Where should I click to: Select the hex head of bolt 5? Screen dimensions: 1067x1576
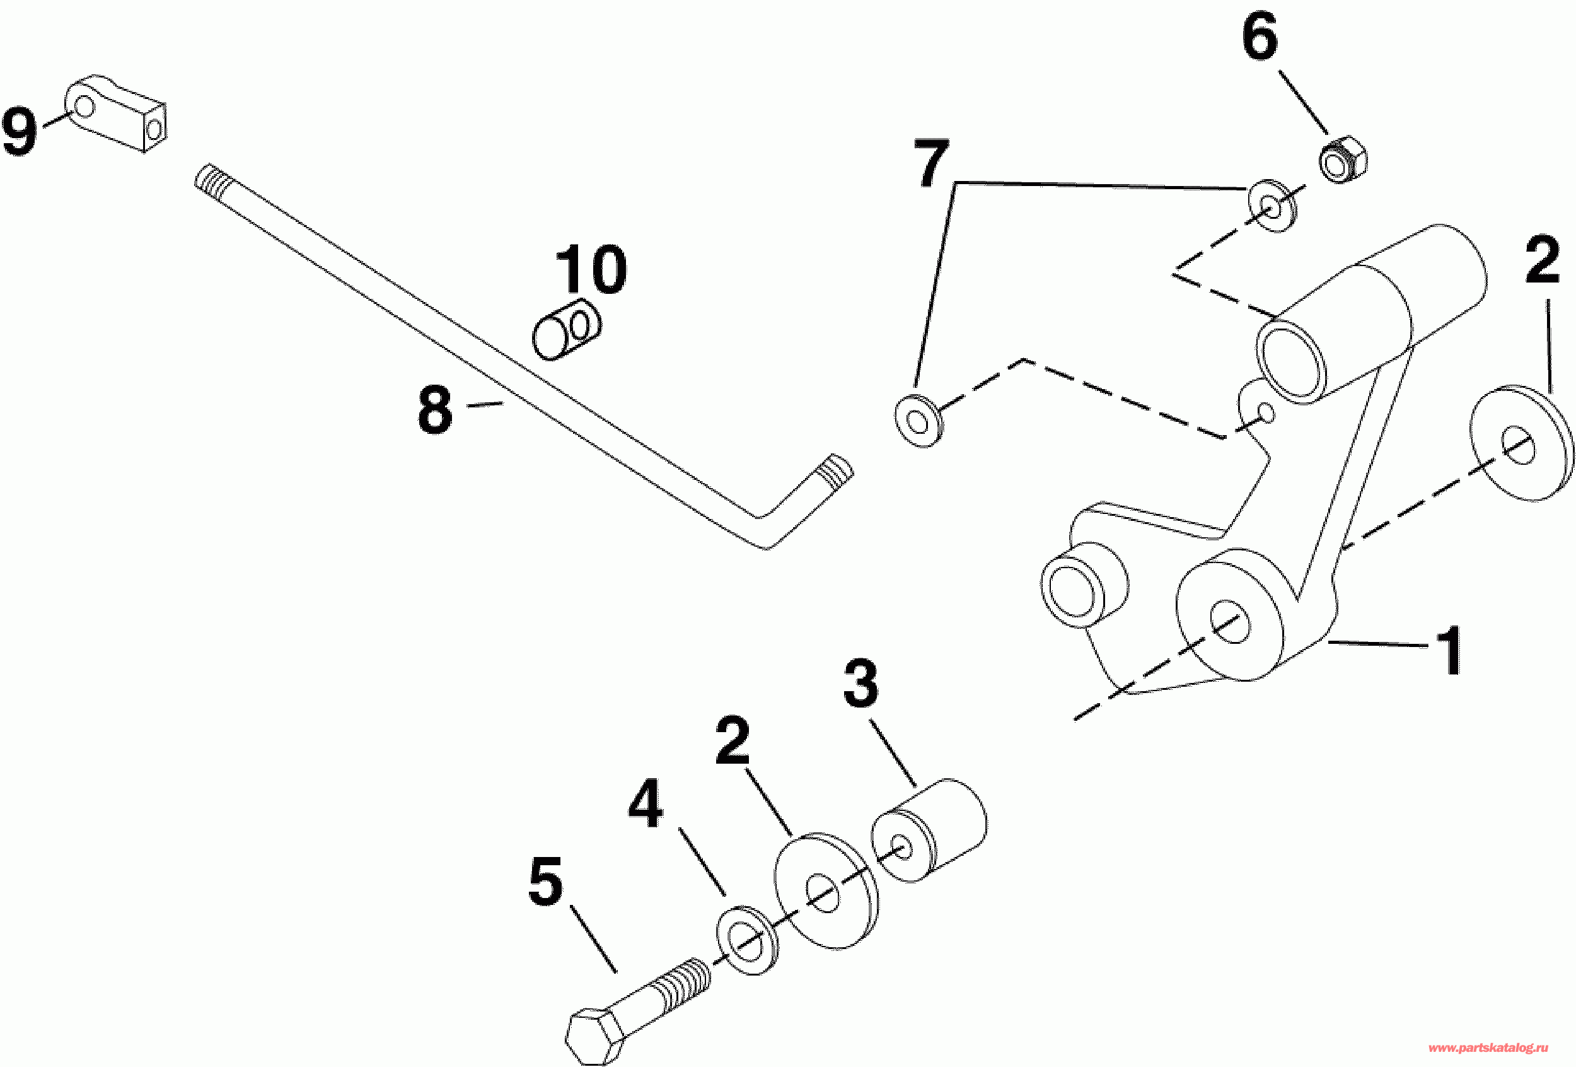594,1037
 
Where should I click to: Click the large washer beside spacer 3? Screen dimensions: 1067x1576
826,889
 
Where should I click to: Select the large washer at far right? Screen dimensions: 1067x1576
1521,445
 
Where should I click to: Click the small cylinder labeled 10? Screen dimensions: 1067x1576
567,329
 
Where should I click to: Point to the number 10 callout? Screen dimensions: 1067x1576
591,270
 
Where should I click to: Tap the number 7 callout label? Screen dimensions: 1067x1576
930,162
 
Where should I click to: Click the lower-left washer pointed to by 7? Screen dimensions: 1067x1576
918,421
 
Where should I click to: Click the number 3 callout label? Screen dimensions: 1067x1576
860,682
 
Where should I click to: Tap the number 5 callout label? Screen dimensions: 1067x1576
545,881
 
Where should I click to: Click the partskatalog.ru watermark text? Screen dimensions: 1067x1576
1488,1047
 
